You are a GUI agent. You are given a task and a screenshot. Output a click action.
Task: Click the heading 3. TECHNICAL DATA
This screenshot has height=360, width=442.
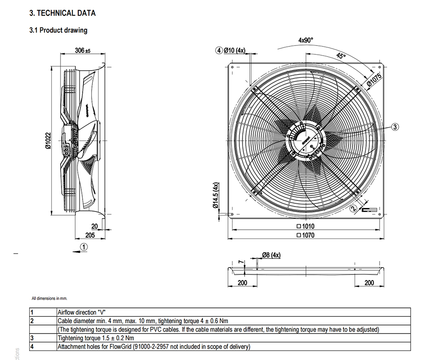point(62,13)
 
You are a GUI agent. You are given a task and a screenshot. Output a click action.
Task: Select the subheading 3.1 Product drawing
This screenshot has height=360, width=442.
point(58,30)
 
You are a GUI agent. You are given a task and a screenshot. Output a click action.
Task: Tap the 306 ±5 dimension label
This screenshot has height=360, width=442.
point(82,51)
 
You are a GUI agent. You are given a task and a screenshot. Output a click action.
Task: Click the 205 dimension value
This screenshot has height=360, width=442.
point(90,235)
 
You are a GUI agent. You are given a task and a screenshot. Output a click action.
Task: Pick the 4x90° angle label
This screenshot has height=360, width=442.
point(305,40)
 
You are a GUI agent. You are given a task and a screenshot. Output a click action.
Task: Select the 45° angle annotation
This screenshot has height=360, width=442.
point(340,56)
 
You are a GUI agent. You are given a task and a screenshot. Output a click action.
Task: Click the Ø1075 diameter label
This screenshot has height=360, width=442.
point(374,79)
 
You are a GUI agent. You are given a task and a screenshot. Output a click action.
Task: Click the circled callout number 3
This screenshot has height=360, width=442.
point(395,127)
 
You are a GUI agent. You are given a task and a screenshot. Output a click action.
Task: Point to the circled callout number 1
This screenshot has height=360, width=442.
point(84,247)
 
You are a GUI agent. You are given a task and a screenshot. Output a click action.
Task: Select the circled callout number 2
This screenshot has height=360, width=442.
point(353,208)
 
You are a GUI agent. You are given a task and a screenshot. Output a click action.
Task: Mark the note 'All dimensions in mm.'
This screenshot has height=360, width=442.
point(50,298)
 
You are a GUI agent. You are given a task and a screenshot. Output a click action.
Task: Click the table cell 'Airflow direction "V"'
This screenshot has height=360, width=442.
point(83,312)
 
